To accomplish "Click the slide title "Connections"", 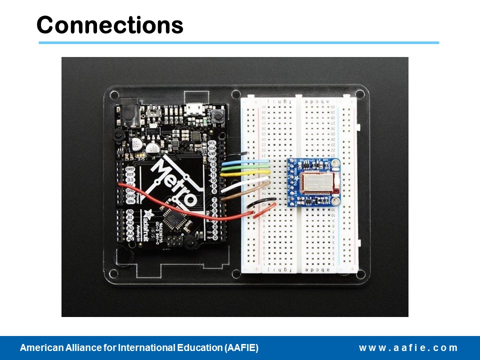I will coord(110,24).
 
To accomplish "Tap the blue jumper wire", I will coord(245,162).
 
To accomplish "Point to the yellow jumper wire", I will coord(245,174).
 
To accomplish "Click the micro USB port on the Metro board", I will coord(192,108).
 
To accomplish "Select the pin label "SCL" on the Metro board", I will coord(211,143).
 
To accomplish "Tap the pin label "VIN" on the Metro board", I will coord(130,201).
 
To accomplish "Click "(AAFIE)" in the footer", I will coord(242,348).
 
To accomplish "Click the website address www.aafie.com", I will coord(408,348).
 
